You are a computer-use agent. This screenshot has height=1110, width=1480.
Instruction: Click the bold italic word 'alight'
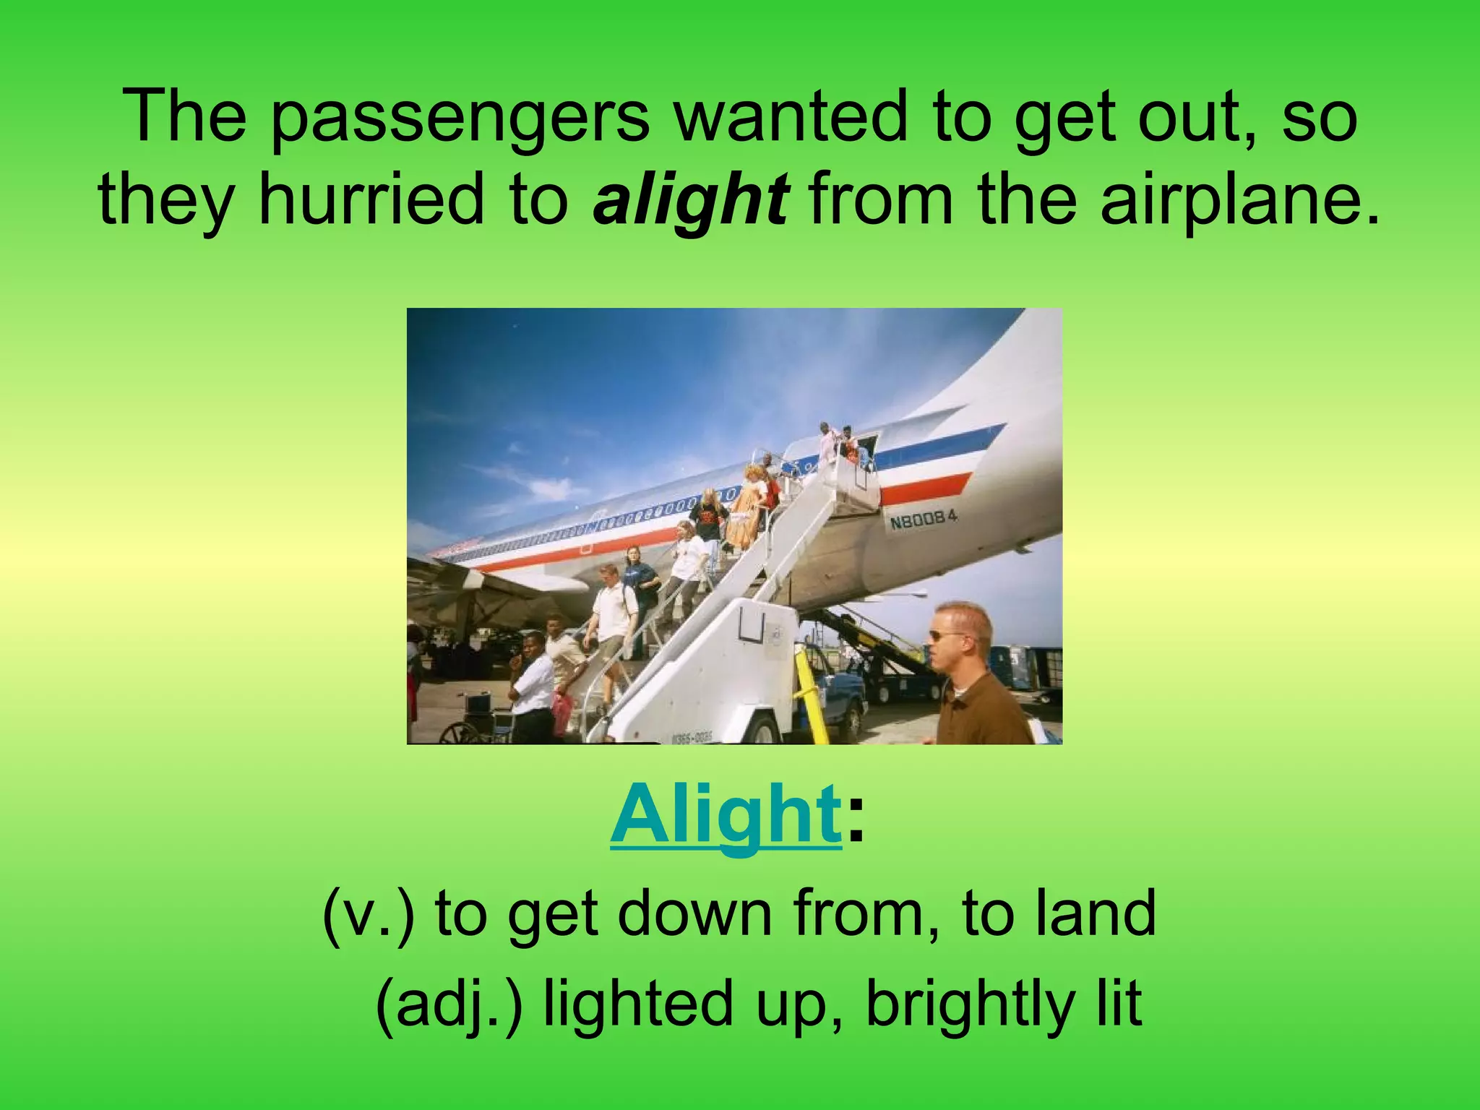pos(689,199)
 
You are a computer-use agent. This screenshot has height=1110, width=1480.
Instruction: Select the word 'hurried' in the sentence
pos(373,199)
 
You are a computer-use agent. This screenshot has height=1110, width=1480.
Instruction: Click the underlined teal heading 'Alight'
pos(725,816)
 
